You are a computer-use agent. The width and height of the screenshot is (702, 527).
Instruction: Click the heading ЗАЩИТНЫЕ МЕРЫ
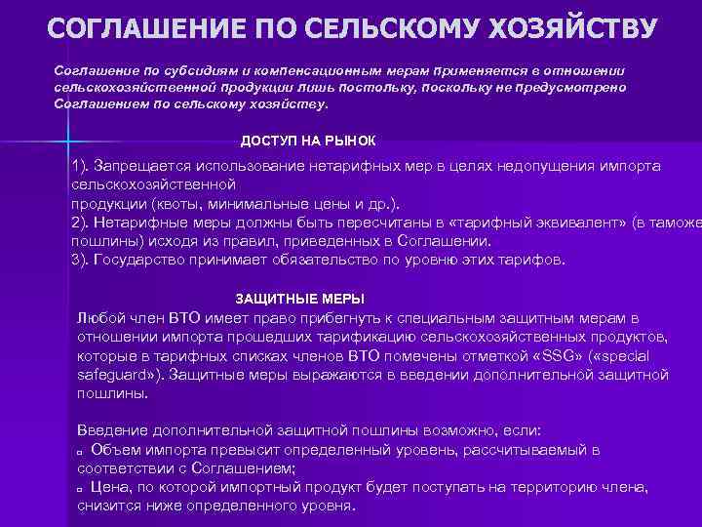point(300,298)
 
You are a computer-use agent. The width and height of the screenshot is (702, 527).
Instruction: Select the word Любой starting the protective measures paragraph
point(97,318)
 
